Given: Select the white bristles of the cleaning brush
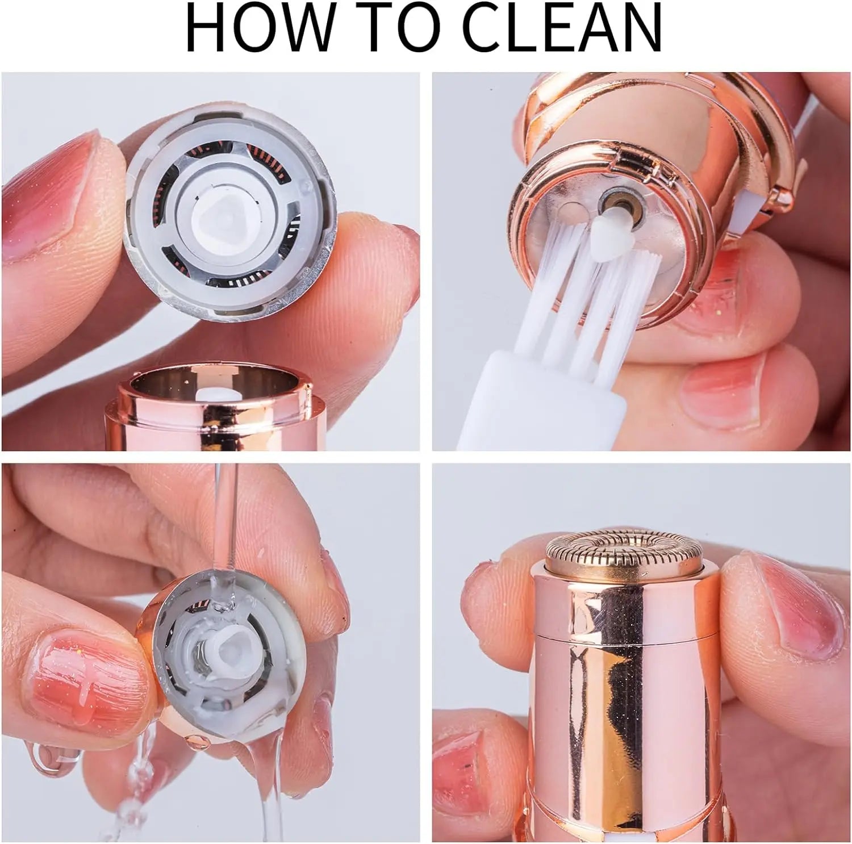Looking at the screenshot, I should click(574, 295).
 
